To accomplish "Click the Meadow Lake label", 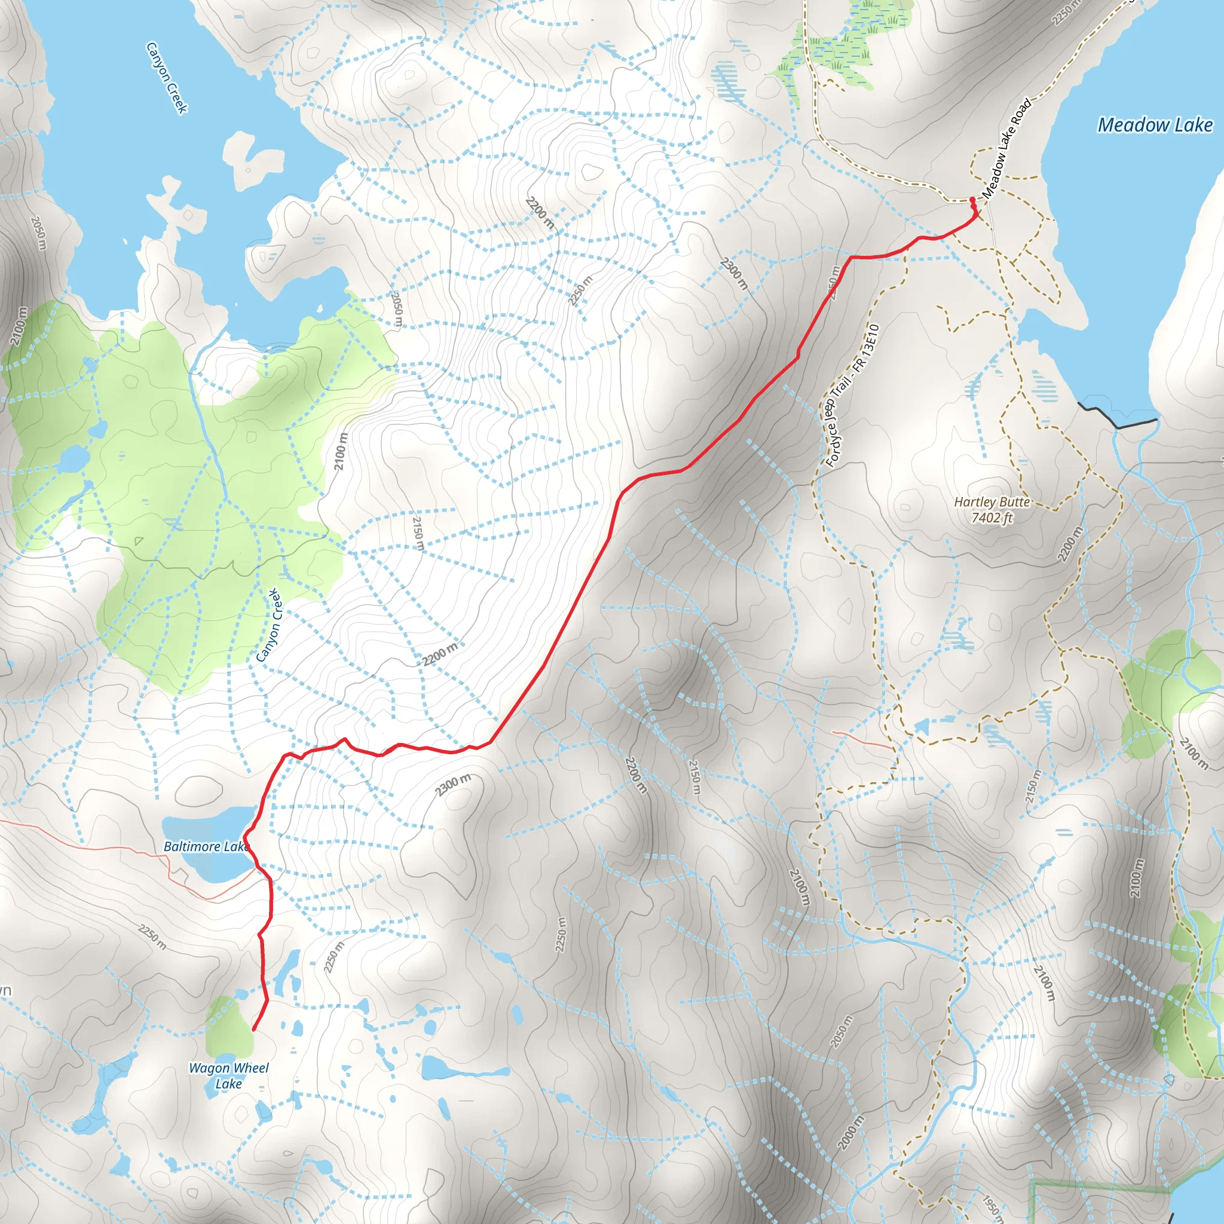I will click(x=1154, y=125).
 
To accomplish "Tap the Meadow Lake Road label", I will click(x=1006, y=148).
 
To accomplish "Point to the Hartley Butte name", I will click(x=992, y=502).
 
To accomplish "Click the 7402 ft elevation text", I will click(x=992, y=517).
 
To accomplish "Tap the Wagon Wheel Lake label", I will click(x=229, y=1076).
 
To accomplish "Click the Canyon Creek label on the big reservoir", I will click(x=167, y=77).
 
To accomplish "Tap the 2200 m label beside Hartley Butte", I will click(x=1069, y=544).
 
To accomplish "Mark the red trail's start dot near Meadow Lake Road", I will click(x=972, y=200).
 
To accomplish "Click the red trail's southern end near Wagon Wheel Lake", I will click(x=253, y=1030).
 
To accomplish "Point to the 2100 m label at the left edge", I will click(x=19, y=326).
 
